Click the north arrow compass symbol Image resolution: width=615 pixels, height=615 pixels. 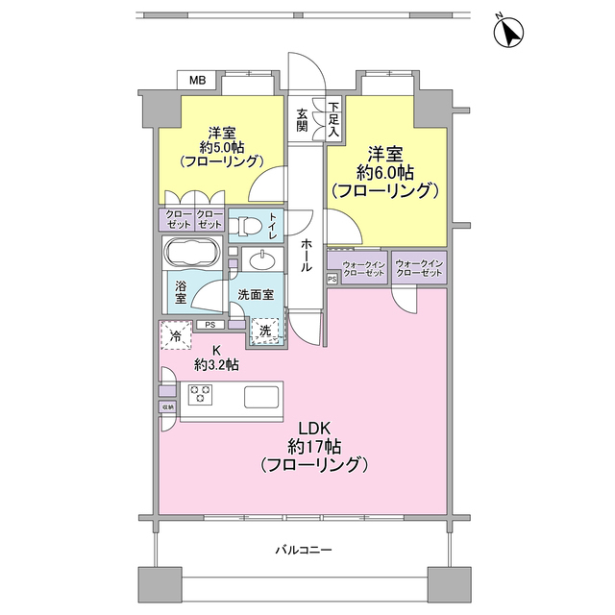click(508, 34)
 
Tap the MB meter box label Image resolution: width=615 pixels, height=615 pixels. click(197, 80)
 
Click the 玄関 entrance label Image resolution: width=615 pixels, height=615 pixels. click(302, 120)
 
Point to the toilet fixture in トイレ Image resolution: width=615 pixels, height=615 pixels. click(248, 227)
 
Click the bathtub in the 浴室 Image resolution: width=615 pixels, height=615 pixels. click(193, 257)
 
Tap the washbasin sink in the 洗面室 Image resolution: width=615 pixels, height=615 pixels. click(258, 262)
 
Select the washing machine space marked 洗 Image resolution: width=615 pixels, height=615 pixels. click(261, 332)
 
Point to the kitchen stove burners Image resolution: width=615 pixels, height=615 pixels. click(201, 393)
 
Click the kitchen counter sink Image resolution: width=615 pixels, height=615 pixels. click(260, 396)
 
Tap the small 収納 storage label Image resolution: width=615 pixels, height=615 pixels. click(167, 407)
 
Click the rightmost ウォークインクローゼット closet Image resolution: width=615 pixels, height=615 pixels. click(418, 268)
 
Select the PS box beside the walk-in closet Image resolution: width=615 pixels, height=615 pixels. click(332, 280)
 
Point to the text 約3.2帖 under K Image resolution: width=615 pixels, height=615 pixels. click(216, 364)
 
